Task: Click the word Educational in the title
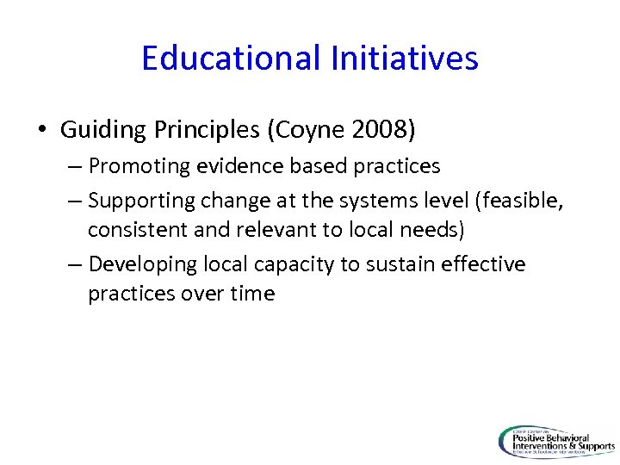230,59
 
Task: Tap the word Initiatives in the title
403,59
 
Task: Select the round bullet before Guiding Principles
42,131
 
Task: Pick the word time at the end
252,294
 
